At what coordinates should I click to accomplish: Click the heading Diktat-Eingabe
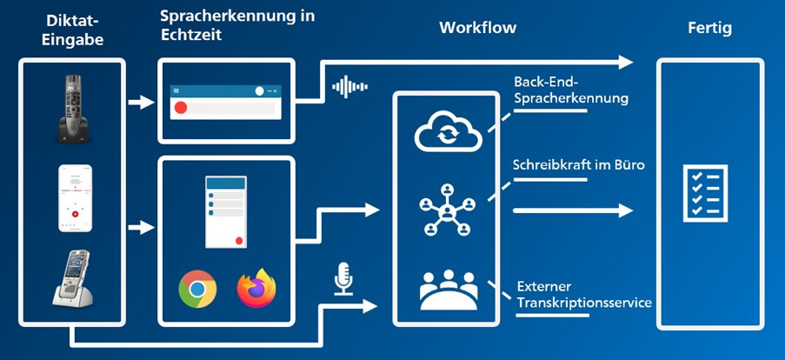tap(74, 30)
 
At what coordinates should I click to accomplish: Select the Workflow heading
tap(477, 27)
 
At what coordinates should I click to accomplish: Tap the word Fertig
tap(709, 28)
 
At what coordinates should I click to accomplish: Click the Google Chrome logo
tap(197, 289)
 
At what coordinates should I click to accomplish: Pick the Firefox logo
tap(256, 288)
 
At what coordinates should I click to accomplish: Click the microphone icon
tap(343, 278)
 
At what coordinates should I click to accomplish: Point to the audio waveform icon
tap(350, 87)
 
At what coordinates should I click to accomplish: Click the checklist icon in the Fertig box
tap(705, 193)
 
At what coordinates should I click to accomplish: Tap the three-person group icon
tap(449, 290)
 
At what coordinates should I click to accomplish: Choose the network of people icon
tap(447, 210)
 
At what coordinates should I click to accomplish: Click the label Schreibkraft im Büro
tap(579, 166)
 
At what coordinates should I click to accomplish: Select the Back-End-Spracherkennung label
tap(571, 90)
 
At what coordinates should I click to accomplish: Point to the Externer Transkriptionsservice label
tap(584, 295)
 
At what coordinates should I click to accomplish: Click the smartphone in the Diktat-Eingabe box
tap(75, 198)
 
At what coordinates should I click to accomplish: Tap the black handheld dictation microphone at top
tap(74, 109)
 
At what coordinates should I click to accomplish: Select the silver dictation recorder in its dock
tap(73, 278)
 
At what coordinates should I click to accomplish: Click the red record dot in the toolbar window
tap(181, 108)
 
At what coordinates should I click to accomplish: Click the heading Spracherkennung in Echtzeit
tap(237, 25)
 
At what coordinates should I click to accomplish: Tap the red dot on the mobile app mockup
tap(239, 241)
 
